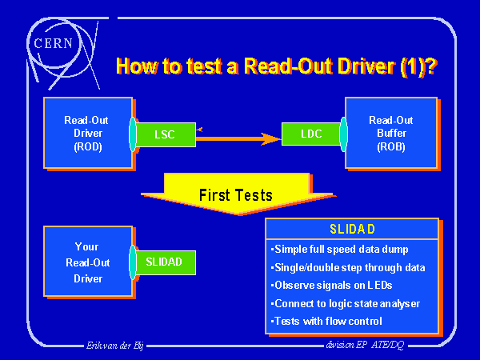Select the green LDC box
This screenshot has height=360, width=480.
click(x=311, y=134)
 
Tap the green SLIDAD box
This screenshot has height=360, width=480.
click(x=164, y=262)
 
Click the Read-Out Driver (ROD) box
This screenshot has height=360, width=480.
click(x=87, y=134)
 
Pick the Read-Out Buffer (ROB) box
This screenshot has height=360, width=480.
click(x=391, y=133)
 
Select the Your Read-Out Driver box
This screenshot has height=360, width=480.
click(x=87, y=262)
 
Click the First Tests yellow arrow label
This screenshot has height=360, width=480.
click(x=235, y=195)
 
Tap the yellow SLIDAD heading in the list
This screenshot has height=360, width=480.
click(x=352, y=228)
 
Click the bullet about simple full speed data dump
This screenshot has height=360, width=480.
click(x=340, y=249)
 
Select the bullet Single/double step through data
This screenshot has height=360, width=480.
click(x=349, y=267)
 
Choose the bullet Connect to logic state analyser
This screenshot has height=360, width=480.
click(x=346, y=303)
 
